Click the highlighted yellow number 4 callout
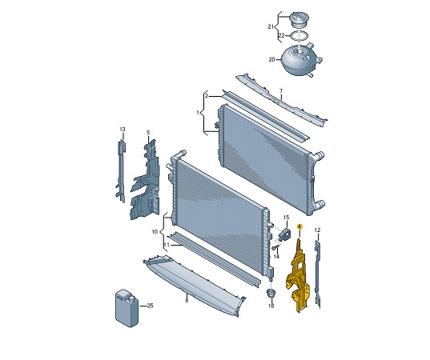click(299, 226)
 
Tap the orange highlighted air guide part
click(298, 277)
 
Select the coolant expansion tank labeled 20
click(300, 59)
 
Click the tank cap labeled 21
click(299, 19)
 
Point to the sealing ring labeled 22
click(299, 36)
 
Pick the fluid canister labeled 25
click(127, 308)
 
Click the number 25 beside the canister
click(150, 306)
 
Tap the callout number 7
click(281, 90)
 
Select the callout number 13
click(123, 129)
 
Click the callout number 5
click(148, 133)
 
